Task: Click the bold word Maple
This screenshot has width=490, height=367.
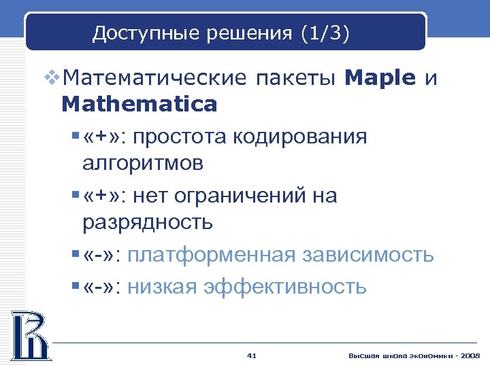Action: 380,78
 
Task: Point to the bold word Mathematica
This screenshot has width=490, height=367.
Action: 139,104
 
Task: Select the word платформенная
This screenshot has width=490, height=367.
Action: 211,256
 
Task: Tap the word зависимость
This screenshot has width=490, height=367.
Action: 369,256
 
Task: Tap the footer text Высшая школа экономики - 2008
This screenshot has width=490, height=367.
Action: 414,356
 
